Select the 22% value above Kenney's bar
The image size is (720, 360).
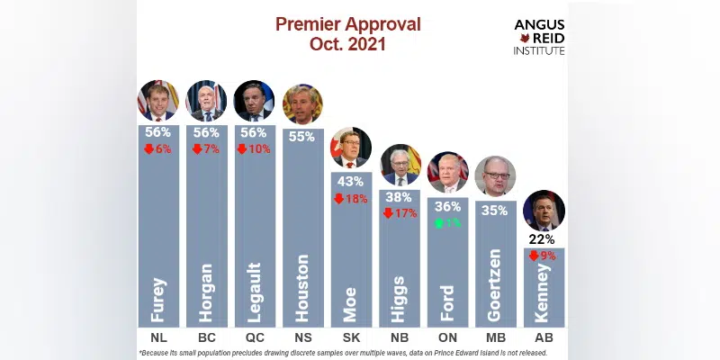pos(544,239)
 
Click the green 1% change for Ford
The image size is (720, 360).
pos(447,222)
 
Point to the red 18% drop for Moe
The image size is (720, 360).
pos(351,198)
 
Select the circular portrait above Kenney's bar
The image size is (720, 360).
pos(544,211)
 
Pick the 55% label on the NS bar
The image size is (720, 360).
pos(302,136)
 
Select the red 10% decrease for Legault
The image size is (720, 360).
pos(255,148)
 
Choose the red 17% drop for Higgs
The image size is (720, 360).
pos(400,213)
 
